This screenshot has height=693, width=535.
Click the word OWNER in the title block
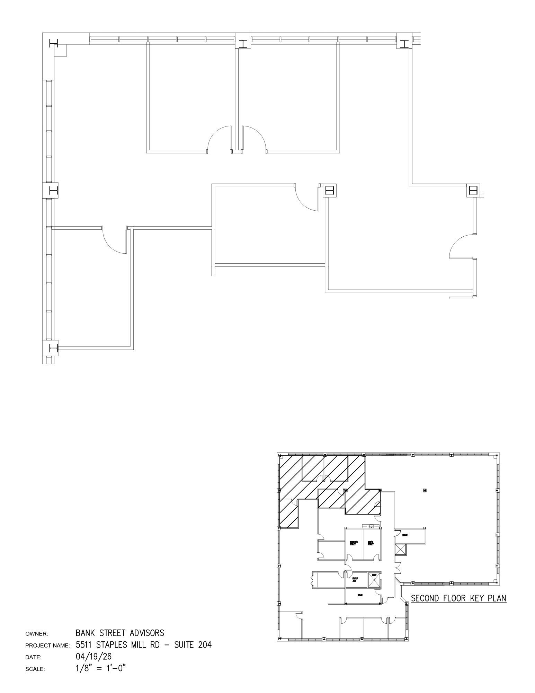(x=36, y=634)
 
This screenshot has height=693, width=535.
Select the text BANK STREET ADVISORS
(x=120, y=633)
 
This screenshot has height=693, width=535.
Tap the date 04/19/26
(x=93, y=656)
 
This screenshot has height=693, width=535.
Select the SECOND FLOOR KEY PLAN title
(x=458, y=598)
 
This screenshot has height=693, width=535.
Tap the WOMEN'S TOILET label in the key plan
(x=354, y=543)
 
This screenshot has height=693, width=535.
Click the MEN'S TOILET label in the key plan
(x=371, y=543)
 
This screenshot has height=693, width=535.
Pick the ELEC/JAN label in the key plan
(x=355, y=579)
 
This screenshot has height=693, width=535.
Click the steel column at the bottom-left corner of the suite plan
(x=53, y=348)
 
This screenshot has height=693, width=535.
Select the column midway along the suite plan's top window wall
(x=243, y=44)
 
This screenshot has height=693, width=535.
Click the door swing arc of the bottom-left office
(x=114, y=242)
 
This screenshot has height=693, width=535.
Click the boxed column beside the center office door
(x=329, y=191)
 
